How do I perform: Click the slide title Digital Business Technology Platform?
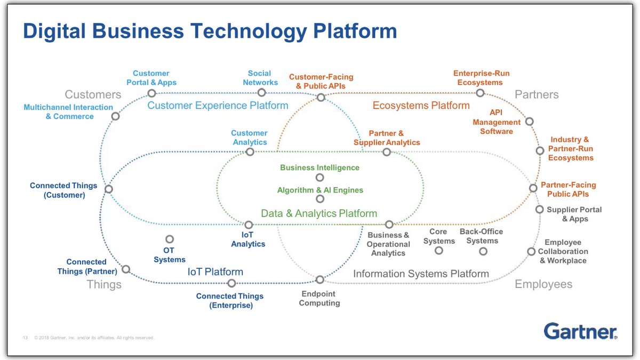tap(210, 31)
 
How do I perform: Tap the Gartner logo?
tap(580, 331)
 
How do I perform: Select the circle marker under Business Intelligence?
tap(319, 178)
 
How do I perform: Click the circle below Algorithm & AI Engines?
tap(319, 199)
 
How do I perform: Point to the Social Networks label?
tap(260, 78)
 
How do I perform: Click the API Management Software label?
tap(497, 122)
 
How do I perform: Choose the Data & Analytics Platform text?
tap(319, 213)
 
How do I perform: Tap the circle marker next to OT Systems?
tap(170, 239)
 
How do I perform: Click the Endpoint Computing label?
tap(319, 298)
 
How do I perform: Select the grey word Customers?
tap(93, 95)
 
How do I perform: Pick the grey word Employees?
tap(543, 284)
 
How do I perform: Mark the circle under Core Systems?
tap(438, 250)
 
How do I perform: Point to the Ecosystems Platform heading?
tap(421, 106)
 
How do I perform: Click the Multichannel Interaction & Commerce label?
tap(69, 111)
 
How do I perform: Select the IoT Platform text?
tap(215, 272)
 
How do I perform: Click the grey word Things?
tap(104, 284)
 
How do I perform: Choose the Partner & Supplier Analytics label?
tap(387, 138)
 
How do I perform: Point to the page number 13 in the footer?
tap(25, 338)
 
